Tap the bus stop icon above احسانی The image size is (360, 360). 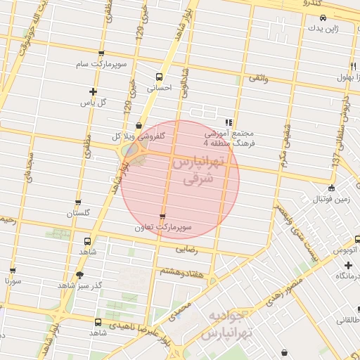pyautogui.click(x=160, y=77)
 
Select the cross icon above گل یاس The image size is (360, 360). pyautogui.click(x=93, y=91)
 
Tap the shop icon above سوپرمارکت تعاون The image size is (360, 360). pyautogui.click(x=163, y=217)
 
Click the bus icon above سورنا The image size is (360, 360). pyautogui.click(x=12, y=270)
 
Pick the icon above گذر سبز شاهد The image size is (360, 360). pyautogui.click(x=79, y=275)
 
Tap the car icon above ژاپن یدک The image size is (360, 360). pyautogui.click(x=322, y=20)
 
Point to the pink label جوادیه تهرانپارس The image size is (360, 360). pyautogui.click(x=226, y=324)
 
